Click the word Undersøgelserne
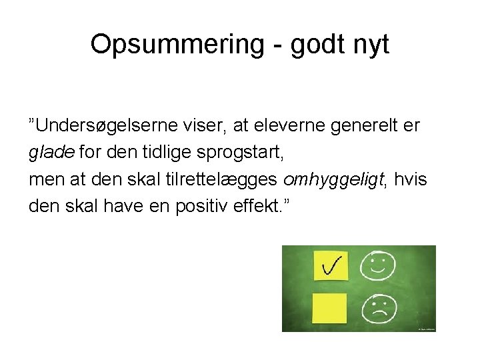tap(112, 125)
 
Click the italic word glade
tap(52, 153)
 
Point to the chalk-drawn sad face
tap(378, 309)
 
